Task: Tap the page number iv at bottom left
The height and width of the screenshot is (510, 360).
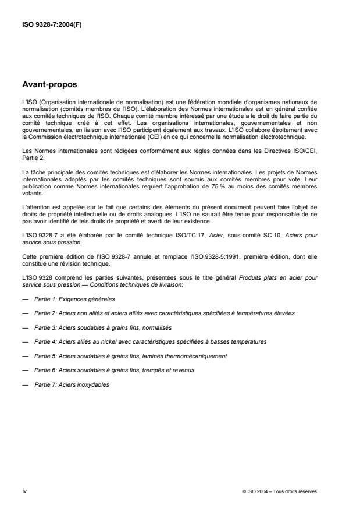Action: pyautogui.click(x=24, y=491)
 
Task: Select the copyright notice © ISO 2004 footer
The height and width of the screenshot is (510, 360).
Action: pyautogui.click(x=279, y=491)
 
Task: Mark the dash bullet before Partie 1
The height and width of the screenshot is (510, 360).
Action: pyautogui.click(x=24, y=299)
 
